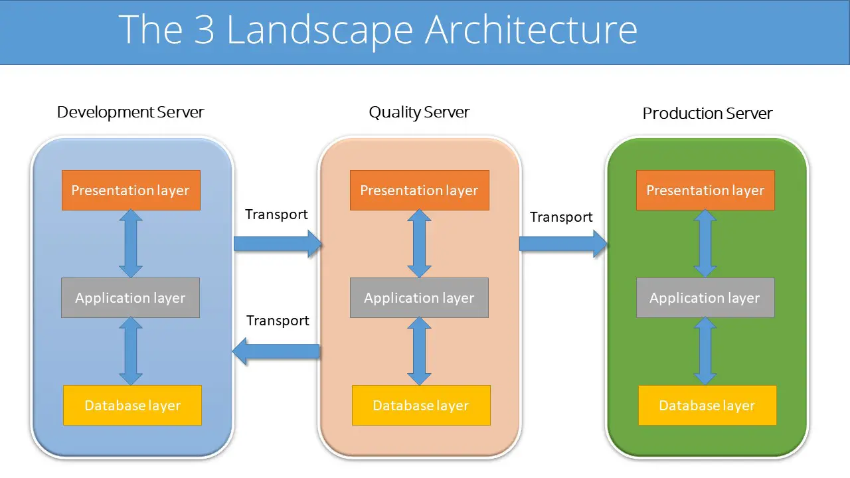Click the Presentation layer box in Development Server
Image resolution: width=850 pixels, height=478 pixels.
point(131,191)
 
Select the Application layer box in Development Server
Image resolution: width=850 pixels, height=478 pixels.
point(130,298)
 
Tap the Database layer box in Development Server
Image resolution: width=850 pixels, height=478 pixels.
point(132,405)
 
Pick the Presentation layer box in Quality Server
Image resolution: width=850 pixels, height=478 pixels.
point(419,191)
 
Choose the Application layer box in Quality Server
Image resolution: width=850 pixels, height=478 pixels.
point(419,298)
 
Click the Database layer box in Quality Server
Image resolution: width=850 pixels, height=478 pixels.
point(421,405)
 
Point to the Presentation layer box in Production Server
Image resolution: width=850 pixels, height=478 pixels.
point(705,191)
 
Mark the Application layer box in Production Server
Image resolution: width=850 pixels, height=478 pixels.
point(705,298)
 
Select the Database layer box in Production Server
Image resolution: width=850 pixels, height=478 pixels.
point(707,405)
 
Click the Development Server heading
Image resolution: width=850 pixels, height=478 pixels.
point(130,112)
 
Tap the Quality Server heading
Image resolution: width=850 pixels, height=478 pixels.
point(419,112)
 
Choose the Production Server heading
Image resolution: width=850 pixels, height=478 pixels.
point(707,114)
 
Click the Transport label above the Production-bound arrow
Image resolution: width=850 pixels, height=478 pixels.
point(561,217)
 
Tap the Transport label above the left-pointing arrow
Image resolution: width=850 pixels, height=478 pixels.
point(278,321)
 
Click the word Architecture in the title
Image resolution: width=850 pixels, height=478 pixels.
point(531,30)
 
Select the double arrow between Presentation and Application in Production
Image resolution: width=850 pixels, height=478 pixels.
point(705,244)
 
